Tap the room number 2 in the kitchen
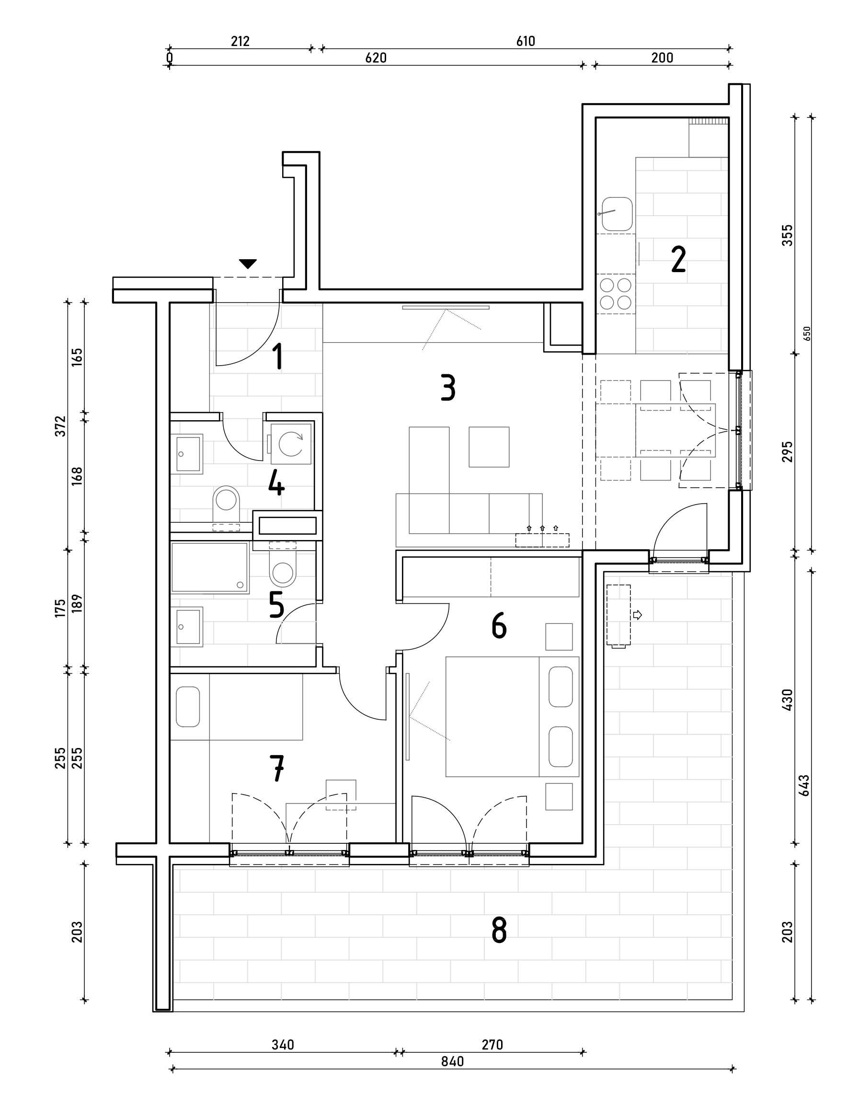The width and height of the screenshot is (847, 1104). coord(679,260)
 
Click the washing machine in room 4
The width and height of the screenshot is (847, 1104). coord(291,444)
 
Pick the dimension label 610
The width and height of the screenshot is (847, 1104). coord(526,41)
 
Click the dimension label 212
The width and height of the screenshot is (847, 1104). coord(240,41)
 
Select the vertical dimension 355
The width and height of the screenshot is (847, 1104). coord(787,235)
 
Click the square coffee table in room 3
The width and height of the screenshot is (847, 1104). coord(489,447)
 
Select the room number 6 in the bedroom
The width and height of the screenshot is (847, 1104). coord(499,626)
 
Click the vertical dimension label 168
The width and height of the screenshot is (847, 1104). coord(77,476)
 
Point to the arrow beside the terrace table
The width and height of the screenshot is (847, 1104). coord(637,615)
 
